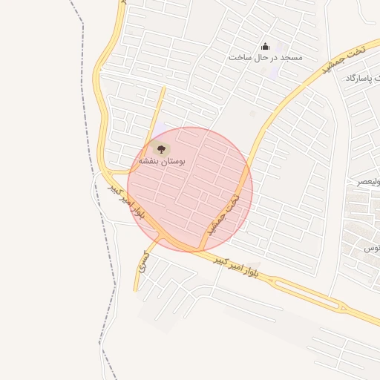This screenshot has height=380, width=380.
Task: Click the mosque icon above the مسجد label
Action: [266, 47]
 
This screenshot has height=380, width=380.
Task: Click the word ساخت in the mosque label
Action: [237, 57]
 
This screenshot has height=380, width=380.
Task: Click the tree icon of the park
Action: [161, 148]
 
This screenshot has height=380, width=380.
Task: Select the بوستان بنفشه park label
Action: [161, 160]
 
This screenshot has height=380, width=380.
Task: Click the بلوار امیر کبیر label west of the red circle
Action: [127, 200]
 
